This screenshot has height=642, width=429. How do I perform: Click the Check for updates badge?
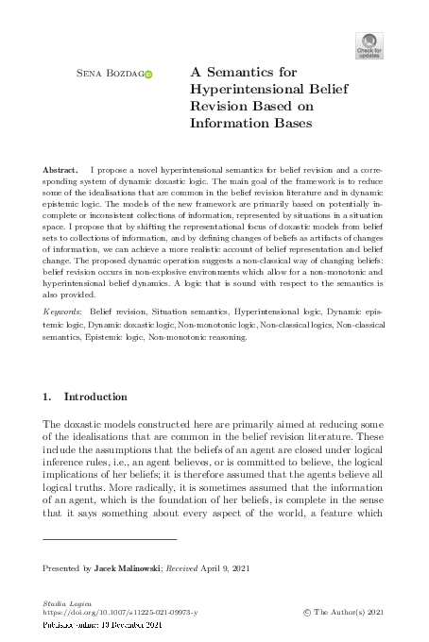click(369, 44)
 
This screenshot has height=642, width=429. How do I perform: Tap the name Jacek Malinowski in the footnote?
click(128, 569)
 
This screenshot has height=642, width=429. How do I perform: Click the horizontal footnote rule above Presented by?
click(110, 539)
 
